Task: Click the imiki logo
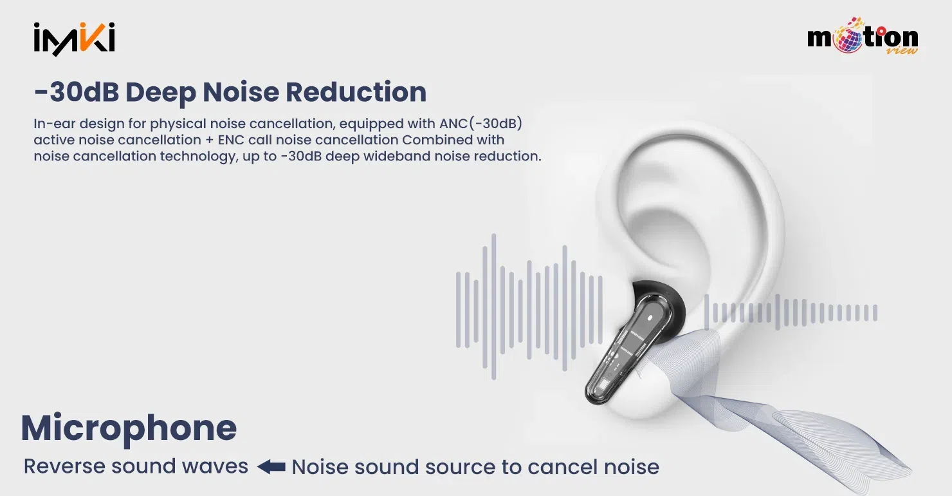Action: (x=75, y=39)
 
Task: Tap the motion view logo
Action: (x=863, y=36)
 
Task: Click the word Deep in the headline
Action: (x=161, y=92)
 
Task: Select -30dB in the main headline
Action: (x=77, y=91)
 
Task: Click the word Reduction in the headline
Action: (x=356, y=91)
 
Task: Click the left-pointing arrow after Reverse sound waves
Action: (x=271, y=467)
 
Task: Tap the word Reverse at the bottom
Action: (x=64, y=466)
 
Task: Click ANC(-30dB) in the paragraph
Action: (x=481, y=124)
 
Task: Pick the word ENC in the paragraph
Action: (x=231, y=140)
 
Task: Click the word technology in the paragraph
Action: (x=197, y=157)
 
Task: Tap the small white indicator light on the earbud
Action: (x=650, y=317)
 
